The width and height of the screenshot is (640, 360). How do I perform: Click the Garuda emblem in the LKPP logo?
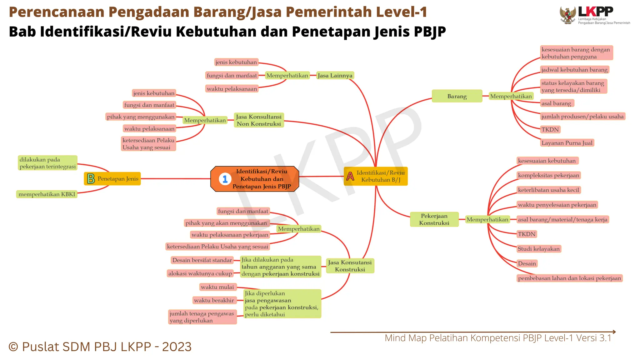[568, 15]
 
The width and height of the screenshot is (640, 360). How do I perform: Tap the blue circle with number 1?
[225, 179]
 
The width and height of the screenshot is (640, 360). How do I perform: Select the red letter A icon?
[350, 176]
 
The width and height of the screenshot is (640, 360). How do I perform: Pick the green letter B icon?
[91, 179]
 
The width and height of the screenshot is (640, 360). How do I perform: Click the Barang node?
[457, 96]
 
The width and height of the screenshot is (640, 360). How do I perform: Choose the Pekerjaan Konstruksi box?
[434, 219]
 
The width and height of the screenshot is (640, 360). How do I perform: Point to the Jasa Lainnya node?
[335, 75]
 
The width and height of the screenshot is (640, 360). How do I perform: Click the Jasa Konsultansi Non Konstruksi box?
[259, 120]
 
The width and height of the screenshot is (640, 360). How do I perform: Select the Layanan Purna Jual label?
[567, 143]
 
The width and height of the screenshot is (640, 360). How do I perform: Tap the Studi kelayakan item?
[539, 249]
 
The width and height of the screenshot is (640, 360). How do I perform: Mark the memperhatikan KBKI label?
[47, 194]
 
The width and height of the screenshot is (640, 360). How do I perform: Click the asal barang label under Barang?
[556, 103]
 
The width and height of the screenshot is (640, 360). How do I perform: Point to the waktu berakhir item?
[214, 300]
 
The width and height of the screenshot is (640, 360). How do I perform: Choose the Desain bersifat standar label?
[202, 260]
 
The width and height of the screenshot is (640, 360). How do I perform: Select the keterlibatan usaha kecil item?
[548, 190]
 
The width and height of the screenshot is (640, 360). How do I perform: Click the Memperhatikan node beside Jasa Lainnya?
[287, 75]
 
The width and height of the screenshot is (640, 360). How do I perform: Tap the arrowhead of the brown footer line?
[614, 332]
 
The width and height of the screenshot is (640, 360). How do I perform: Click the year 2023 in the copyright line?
[177, 347]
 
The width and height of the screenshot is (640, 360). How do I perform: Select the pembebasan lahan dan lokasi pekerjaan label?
[569, 278]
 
